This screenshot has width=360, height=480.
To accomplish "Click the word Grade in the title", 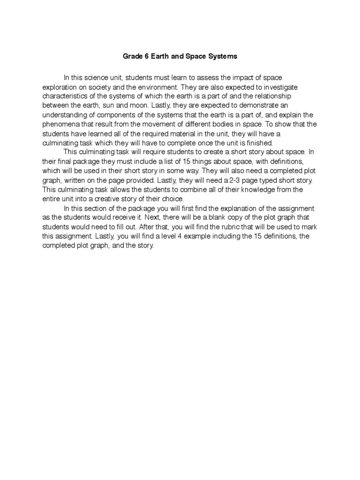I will pyautogui.click(x=132, y=56).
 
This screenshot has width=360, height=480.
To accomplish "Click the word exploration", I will pyautogui.click(x=59, y=87).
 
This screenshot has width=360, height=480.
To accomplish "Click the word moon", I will pyautogui.click(x=121, y=105).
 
